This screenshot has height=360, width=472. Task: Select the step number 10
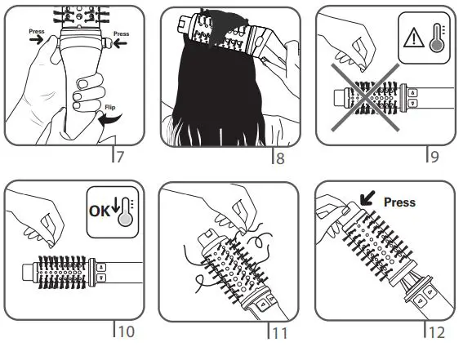tap(125, 332)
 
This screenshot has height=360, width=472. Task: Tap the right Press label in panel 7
tap(122, 34)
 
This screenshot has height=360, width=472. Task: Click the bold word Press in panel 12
tap(399, 202)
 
